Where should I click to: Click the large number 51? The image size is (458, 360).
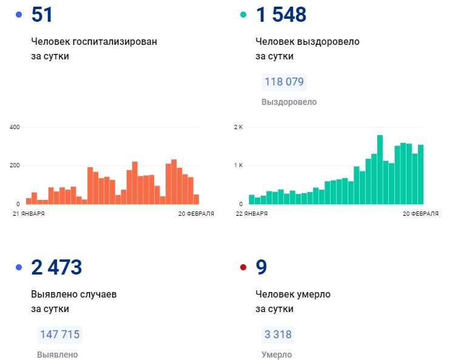[x=42, y=15]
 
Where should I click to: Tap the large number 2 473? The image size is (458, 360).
[x=56, y=267]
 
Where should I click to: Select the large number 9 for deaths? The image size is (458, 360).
[x=261, y=267]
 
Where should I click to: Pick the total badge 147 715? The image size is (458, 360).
[x=59, y=334]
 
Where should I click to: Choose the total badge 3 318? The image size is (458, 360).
[x=278, y=334]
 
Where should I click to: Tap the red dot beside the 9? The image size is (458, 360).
[x=243, y=267]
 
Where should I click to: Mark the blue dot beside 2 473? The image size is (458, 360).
[x=19, y=267]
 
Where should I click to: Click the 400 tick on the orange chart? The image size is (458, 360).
[x=15, y=127]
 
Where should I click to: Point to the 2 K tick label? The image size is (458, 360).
[x=238, y=127]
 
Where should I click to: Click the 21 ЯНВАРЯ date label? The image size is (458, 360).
[x=28, y=213]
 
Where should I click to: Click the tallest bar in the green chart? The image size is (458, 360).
[x=380, y=169]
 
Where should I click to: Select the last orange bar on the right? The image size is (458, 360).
[x=196, y=199]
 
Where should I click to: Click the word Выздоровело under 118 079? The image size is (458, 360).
[x=289, y=102]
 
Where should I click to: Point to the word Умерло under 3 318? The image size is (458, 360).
[x=276, y=355]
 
